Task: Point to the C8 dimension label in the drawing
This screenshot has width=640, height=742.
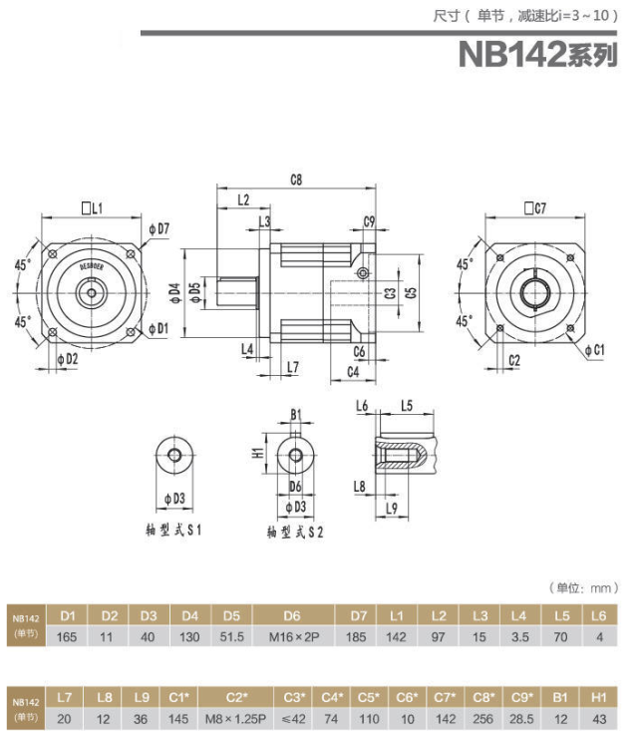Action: pyautogui.click(x=295, y=180)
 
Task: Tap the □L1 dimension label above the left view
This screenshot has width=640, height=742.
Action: pyautogui.click(x=94, y=207)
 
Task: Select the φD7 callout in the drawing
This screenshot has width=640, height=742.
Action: pyautogui.click(x=160, y=229)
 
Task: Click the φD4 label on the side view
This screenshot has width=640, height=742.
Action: pyautogui.click(x=175, y=291)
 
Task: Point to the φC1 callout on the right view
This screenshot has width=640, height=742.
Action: pyautogui.click(x=594, y=350)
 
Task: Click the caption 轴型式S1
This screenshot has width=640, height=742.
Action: pyautogui.click(x=174, y=531)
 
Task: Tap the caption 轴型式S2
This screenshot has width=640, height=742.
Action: pyautogui.click(x=295, y=533)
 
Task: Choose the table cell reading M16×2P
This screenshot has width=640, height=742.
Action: pyautogui.click(x=292, y=636)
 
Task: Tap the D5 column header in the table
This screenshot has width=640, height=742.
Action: pyautogui.click(x=231, y=615)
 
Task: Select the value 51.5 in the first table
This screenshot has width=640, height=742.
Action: pyautogui.click(x=231, y=636)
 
